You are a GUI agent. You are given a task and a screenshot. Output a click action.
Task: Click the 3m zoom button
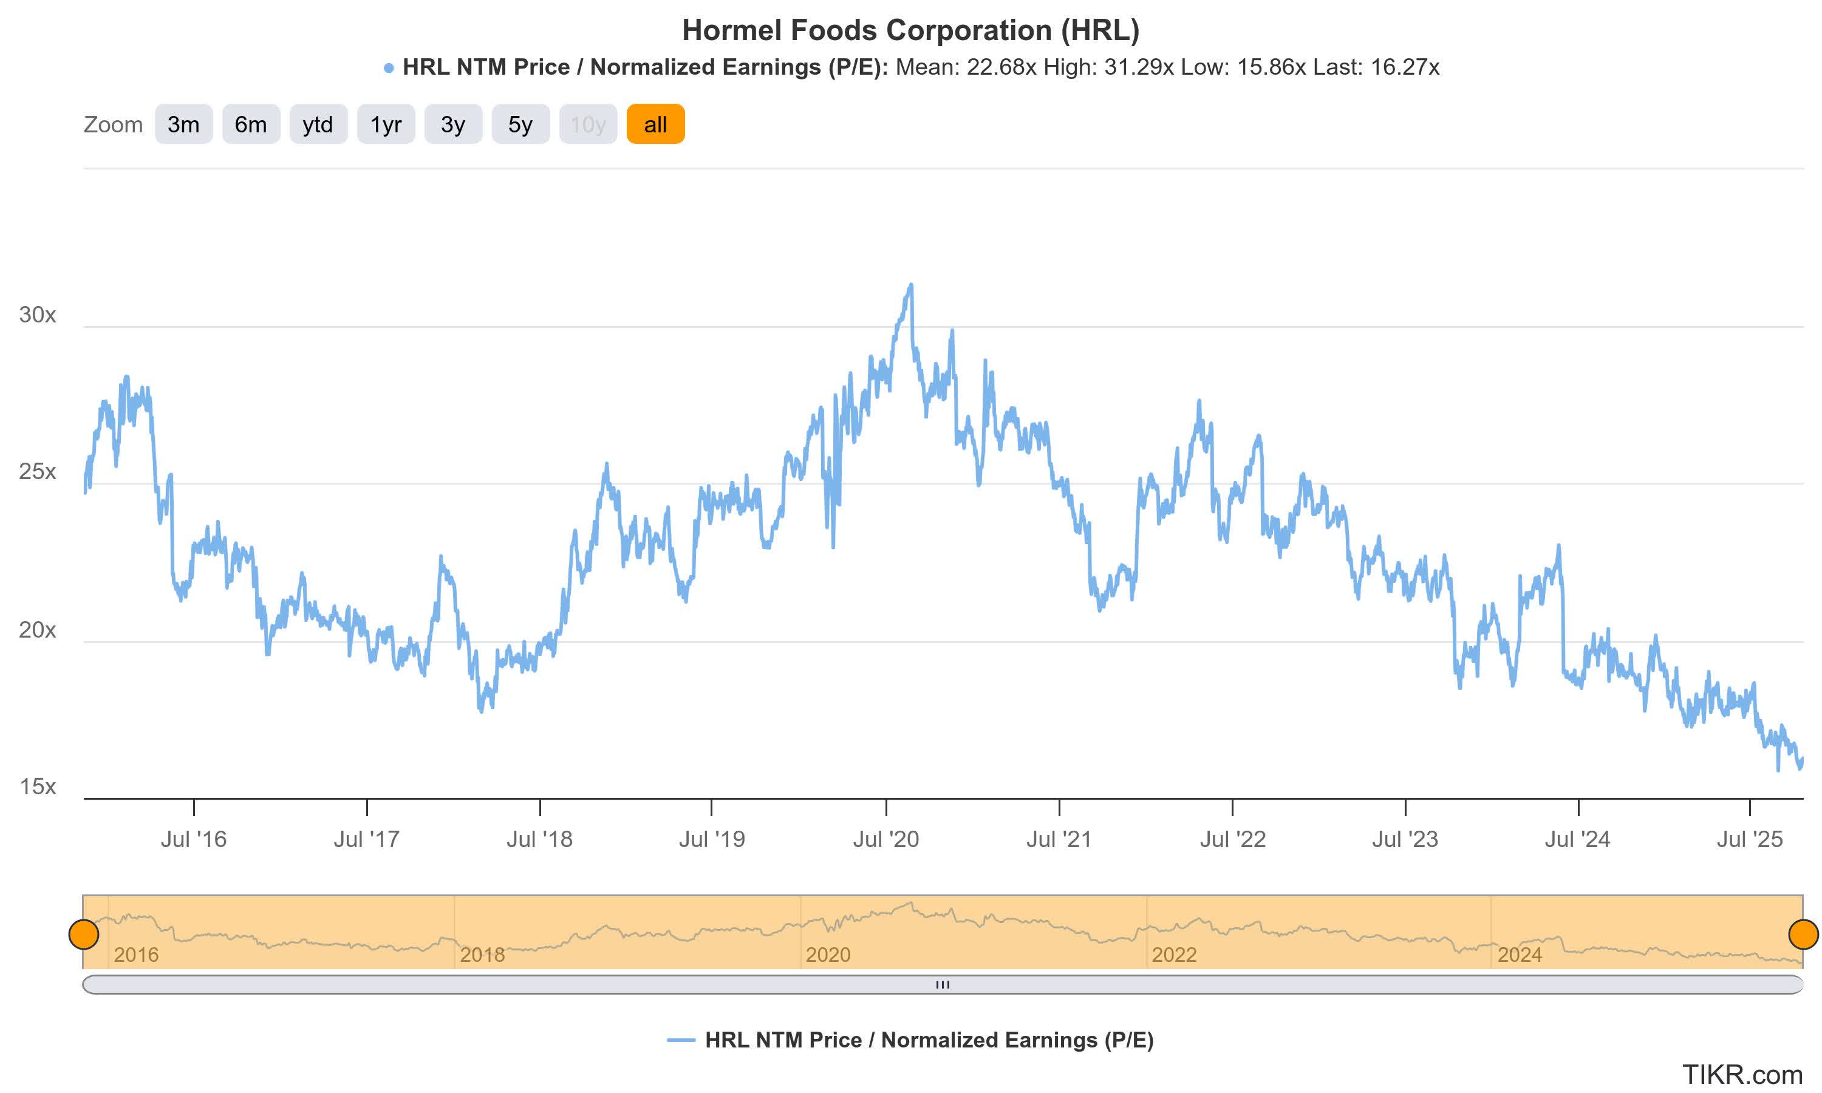[x=183, y=124]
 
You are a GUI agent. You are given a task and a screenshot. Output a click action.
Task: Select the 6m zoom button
[x=250, y=124]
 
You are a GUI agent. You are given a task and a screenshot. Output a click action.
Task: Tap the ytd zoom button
[x=318, y=124]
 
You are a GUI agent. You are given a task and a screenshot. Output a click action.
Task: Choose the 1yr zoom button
[x=386, y=124]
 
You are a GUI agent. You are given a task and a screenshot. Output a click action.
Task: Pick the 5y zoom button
[x=520, y=124]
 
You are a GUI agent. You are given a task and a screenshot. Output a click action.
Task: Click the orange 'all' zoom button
[x=655, y=124]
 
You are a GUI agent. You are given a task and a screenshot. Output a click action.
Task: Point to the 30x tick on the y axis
[x=38, y=315]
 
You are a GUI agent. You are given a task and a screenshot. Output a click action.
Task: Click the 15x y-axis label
[x=38, y=786]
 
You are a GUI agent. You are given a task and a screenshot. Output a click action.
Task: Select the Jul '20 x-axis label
[x=885, y=839]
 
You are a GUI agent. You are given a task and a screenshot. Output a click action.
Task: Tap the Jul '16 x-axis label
[x=194, y=839]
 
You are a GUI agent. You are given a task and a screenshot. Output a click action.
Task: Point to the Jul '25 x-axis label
[x=1749, y=839]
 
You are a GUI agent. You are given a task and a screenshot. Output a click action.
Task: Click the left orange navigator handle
[x=84, y=934]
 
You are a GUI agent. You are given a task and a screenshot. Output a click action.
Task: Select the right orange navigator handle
[x=1803, y=934]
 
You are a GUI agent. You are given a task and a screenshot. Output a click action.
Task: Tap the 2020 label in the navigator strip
[x=828, y=955]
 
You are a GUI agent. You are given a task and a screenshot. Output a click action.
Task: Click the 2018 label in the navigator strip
[x=482, y=955]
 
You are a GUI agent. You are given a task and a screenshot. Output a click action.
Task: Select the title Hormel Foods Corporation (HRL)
[x=910, y=30]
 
